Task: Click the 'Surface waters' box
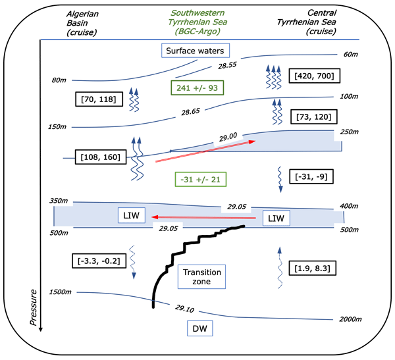pos(194,50)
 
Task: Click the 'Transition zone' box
pos(202,276)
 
